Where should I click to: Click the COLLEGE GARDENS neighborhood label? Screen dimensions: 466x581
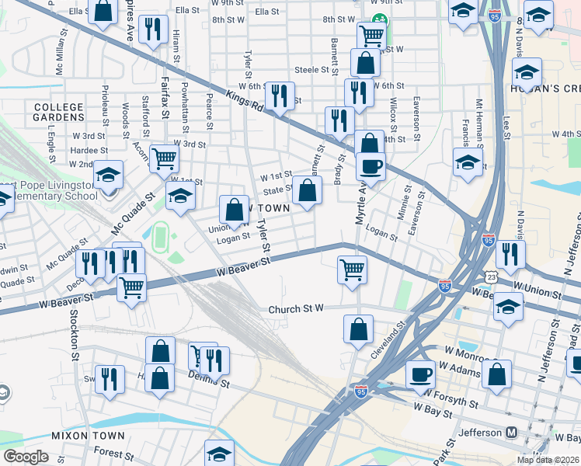[48, 112]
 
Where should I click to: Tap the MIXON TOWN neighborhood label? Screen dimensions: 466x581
[83, 436]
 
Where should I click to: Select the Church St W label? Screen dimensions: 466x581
[295, 309]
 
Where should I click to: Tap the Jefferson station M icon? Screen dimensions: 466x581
[512, 432]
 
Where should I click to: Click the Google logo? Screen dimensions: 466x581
[26, 457]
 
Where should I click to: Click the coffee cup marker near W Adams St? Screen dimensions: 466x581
[421, 374]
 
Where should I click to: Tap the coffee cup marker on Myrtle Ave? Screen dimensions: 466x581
[371, 165]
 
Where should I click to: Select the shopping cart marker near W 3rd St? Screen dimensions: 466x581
[165, 158]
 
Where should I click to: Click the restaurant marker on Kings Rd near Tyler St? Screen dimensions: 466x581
[279, 96]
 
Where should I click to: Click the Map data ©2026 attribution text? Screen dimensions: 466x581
[547, 460]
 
